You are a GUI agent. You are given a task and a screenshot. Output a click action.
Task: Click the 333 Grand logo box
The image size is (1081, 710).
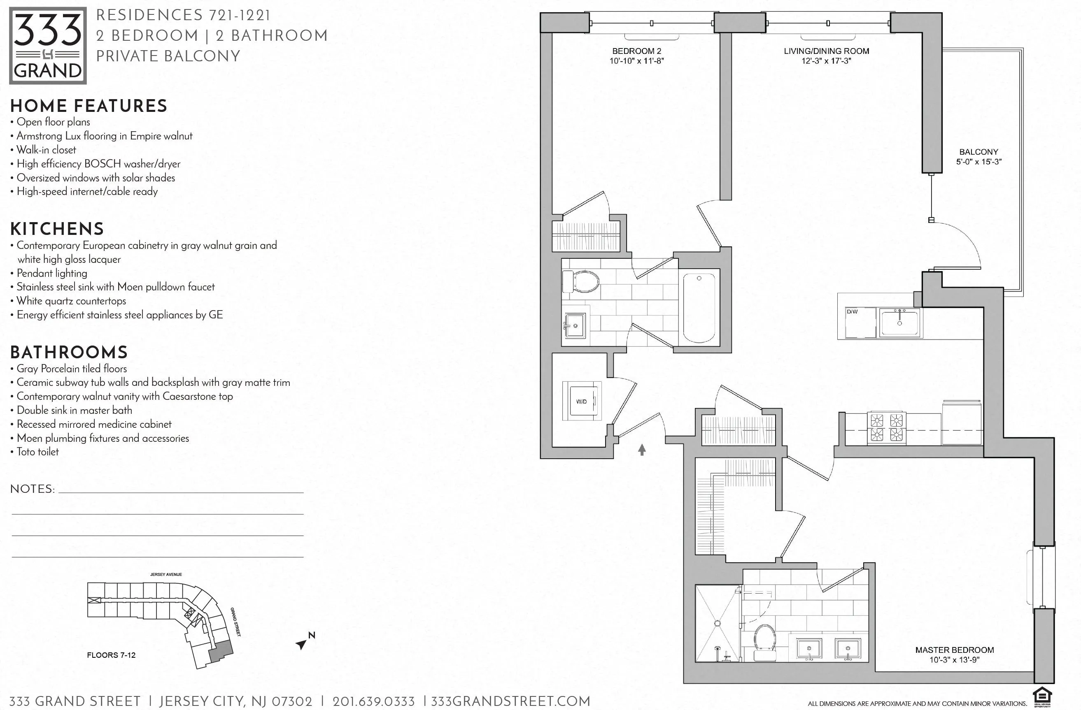click(x=48, y=45)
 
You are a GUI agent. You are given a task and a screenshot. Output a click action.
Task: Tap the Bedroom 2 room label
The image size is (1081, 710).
click(x=636, y=51)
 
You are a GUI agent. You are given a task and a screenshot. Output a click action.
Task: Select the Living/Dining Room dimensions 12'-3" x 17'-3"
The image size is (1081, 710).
click(x=826, y=61)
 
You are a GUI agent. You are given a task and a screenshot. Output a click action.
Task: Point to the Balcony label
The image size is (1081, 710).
click(x=978, y=152)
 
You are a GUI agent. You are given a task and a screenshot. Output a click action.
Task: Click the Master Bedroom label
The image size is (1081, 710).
click(x=954, y=650)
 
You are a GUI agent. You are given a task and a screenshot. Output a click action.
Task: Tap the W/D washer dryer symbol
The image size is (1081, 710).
click(x=582, y=401)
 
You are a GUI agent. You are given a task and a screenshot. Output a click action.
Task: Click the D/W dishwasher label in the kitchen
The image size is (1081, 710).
click(x=852, y=312)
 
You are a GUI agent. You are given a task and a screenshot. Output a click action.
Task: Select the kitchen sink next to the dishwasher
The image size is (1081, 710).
click(x=899, y=323)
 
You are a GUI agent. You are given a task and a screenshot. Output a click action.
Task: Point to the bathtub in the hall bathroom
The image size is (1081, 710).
click(x=699, y=307)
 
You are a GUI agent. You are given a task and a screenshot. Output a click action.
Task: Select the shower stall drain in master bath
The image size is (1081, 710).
click(x=717, y=623)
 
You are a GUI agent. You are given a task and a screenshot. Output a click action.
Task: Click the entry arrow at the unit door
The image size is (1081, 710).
click(x=642, y=450)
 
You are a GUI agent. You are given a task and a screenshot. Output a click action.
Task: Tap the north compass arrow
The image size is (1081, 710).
click(x=302, y=644)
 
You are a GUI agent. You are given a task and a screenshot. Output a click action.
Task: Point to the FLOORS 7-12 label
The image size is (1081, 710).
click(x=111, y=655)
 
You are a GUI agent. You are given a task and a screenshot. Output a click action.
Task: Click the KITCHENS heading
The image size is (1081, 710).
click(x=57, y=229)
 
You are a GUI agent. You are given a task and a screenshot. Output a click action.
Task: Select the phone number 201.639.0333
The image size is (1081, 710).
click(x=373, y=701)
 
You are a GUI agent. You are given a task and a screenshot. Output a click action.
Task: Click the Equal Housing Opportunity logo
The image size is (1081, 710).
click(x=1042, y=697)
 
